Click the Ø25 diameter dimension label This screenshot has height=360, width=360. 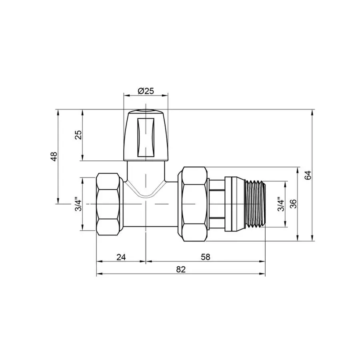(x=146, y=91)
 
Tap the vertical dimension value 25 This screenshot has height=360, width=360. (x=78, y=135)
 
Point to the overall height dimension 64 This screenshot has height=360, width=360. (x=307, y=175)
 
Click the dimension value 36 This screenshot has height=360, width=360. (x=293, y=204)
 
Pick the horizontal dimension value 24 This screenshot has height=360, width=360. (x=121, y=257)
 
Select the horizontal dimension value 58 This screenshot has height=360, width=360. (x=205, y=257)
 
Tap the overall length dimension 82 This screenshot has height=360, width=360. (x=181, y=270)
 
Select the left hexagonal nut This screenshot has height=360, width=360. (x=109, y=204)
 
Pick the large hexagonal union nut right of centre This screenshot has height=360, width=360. (x=195, y=204)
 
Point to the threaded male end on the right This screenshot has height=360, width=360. (x=255, y=204)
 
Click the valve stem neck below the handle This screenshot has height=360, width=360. (x=145, y=172)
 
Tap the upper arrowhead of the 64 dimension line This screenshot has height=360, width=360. (x=312, y=112)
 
